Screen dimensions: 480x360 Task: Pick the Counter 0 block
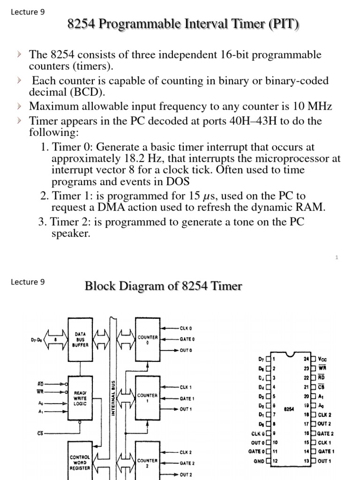coord(148,339)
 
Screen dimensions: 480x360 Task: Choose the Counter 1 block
coord(148,397)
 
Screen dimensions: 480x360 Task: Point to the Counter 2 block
coord(148,462)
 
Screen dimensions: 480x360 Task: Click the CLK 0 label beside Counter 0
coord(186,328)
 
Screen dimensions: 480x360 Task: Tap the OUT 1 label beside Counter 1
coord(186,409)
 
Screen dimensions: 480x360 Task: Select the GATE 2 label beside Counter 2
coord(187,463)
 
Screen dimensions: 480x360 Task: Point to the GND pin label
coord(258,461)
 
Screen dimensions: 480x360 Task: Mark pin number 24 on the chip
coord(307,359)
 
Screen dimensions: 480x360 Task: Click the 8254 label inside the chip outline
coord(289,409)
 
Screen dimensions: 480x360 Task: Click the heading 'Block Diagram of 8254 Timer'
coord(163,286)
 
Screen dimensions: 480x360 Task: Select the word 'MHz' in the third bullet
coord(318,107)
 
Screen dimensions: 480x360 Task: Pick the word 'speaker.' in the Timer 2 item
coord(70,233)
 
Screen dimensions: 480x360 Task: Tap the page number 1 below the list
coord(337,257)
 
